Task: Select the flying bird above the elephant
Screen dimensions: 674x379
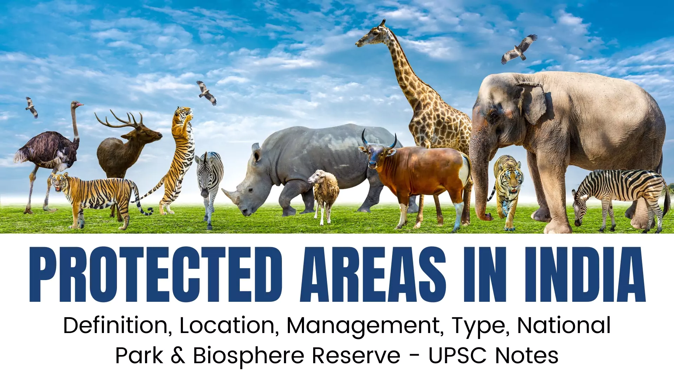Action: click(x=519, y=49)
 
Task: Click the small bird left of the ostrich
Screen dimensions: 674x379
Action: click(x=32, y=107)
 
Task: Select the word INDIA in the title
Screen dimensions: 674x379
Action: click(x=585, y=274)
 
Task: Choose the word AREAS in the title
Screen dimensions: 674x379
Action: click(x=373, y=274)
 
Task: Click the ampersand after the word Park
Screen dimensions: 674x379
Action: click(x=178, y=355)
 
